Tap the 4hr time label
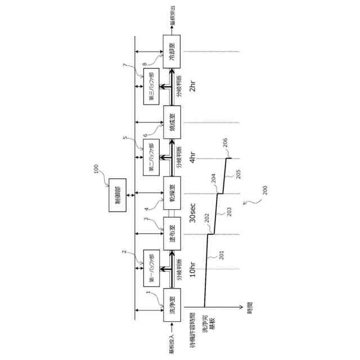point(192,158)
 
